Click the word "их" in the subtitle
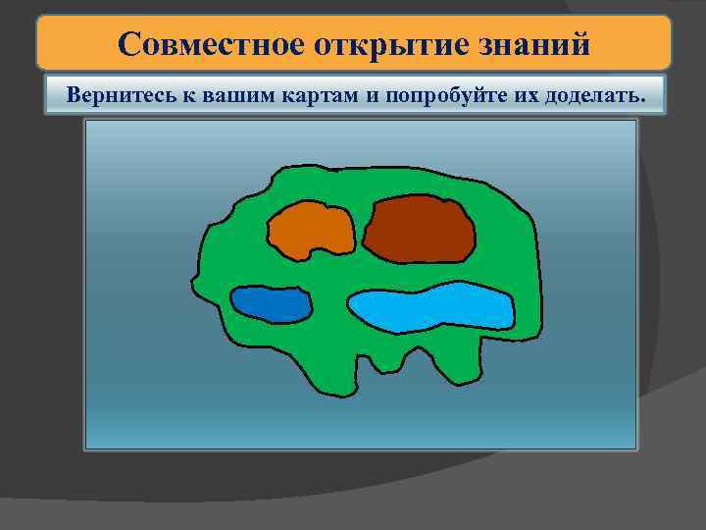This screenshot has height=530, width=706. click(x=513, y=96)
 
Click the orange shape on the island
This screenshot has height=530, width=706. click(x=312, y=231)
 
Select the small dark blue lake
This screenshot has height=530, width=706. click(x=272, y=304)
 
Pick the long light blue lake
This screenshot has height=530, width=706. click(x=431, y=309)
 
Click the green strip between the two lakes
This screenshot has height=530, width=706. click(x=330, y=307)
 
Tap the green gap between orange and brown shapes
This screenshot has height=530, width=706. click(x=360, y=229)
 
